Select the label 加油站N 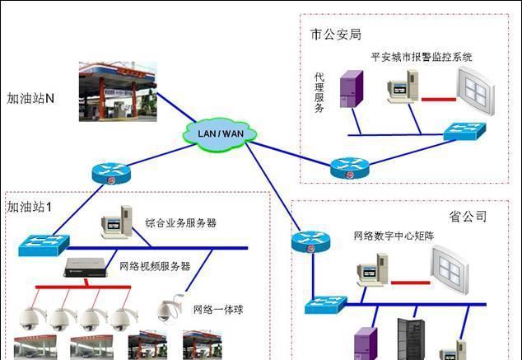click(30, 98)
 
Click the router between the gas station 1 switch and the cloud click(110, 172)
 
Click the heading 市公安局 click(335, 35)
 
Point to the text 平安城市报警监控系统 click(422, 58)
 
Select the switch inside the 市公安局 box click(464, 132)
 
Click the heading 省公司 click(468, 217)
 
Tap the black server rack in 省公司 click(409, 339)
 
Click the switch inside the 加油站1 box click(39, 244)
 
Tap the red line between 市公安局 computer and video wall click(439, 100)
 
